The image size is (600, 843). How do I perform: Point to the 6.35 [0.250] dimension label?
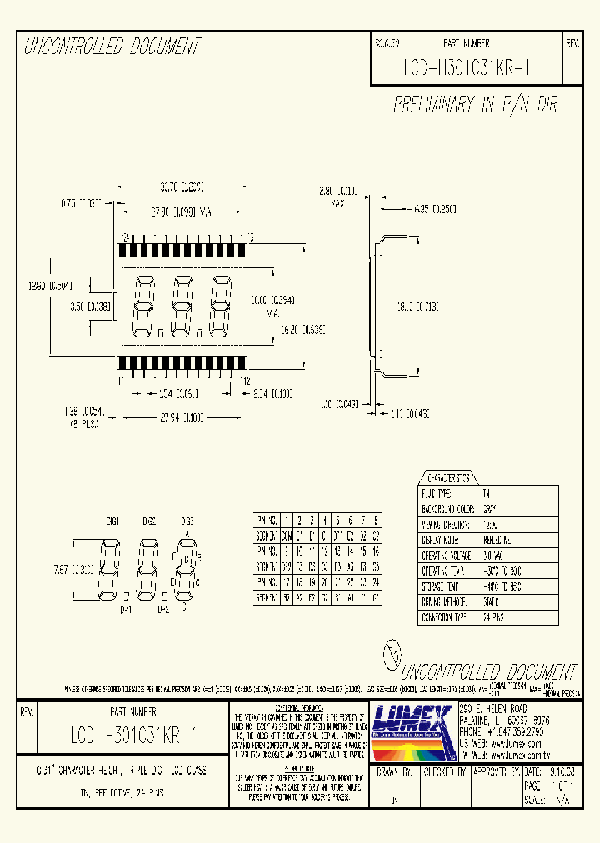[x=431, y=209]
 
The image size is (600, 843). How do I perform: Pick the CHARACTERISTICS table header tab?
[x=447, y=478]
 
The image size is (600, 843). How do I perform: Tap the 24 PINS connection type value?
[x=495, y=616]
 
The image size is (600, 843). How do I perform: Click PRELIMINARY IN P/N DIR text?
[x=475, y=105]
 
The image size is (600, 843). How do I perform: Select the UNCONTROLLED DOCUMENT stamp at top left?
[x=112, y=47]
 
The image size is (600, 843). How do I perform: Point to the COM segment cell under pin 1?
[x=287, y=536]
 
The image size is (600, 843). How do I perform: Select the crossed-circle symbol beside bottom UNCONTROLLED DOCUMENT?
[x=392, y=654]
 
